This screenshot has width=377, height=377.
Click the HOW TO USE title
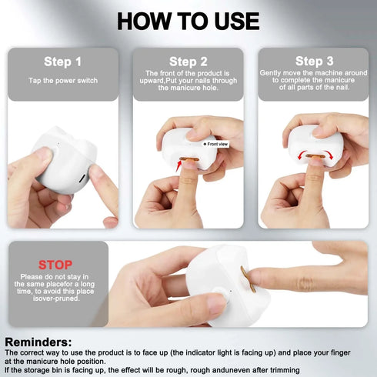[188, 21]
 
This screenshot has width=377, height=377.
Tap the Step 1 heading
[62, 61]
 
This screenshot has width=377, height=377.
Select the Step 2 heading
[188, 61]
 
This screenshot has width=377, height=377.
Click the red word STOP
[55, 265]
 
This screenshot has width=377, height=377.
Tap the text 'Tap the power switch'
[62, 80]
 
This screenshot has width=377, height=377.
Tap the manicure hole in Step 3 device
[314, 156]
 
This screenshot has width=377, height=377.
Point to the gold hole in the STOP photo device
[245, 279]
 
